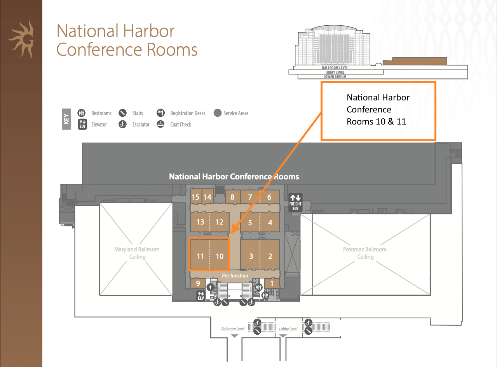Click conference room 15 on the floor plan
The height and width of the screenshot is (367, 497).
[x=196, y=197]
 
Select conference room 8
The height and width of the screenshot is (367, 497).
[x=232, y=197]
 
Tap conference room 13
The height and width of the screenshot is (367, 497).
[x=200, y=222]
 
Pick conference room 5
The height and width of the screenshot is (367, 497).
[x=250, y=222]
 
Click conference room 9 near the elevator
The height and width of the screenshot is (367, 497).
[x=198, y=283]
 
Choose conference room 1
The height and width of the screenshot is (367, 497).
[x=272, y=283]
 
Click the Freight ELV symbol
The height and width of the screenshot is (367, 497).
[x=295, y=202]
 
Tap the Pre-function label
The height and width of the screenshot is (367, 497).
[x=235, y=276]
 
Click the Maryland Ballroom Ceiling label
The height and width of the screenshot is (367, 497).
[x=137, y=253]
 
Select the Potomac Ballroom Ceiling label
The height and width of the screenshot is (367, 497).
[x=365, y=253]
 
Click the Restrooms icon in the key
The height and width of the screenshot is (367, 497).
[x=82, y=113]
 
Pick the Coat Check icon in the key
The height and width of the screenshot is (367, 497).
[x=160, y=124]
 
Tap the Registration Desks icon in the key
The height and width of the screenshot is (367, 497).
[x=160, y=113]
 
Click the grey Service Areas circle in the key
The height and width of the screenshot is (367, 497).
[x=218, y=113]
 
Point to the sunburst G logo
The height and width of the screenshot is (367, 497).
[x=22, y=39]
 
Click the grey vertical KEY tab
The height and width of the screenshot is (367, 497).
[x=66, y=119]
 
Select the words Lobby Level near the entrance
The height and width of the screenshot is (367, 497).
[x=288, y=329]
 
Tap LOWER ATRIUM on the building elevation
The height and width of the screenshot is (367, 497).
[x=335, y=77]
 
